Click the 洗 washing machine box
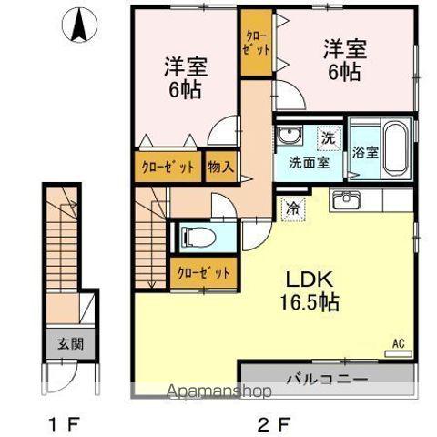click(327, 139)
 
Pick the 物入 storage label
click(220, 168)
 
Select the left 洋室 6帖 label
click(185, 77)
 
